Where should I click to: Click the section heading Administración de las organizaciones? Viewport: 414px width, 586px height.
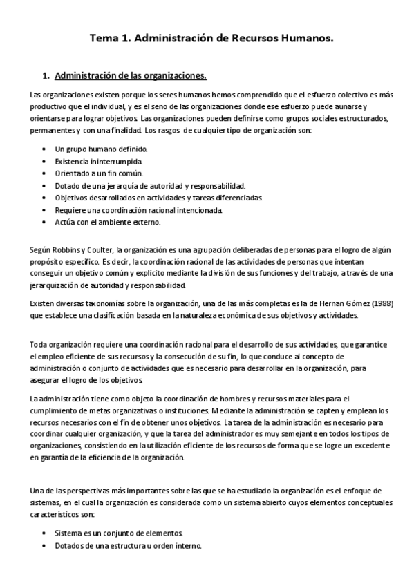pos(130,75)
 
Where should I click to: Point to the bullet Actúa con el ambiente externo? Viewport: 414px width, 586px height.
pos(107,223)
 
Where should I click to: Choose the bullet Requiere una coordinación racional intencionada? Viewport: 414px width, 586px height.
pos(138,210)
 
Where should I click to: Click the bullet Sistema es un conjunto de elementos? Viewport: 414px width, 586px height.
pos(118,533)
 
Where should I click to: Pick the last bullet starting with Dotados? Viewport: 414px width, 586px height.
pos(128,545)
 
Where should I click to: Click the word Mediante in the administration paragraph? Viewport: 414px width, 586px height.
pos(245,410)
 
